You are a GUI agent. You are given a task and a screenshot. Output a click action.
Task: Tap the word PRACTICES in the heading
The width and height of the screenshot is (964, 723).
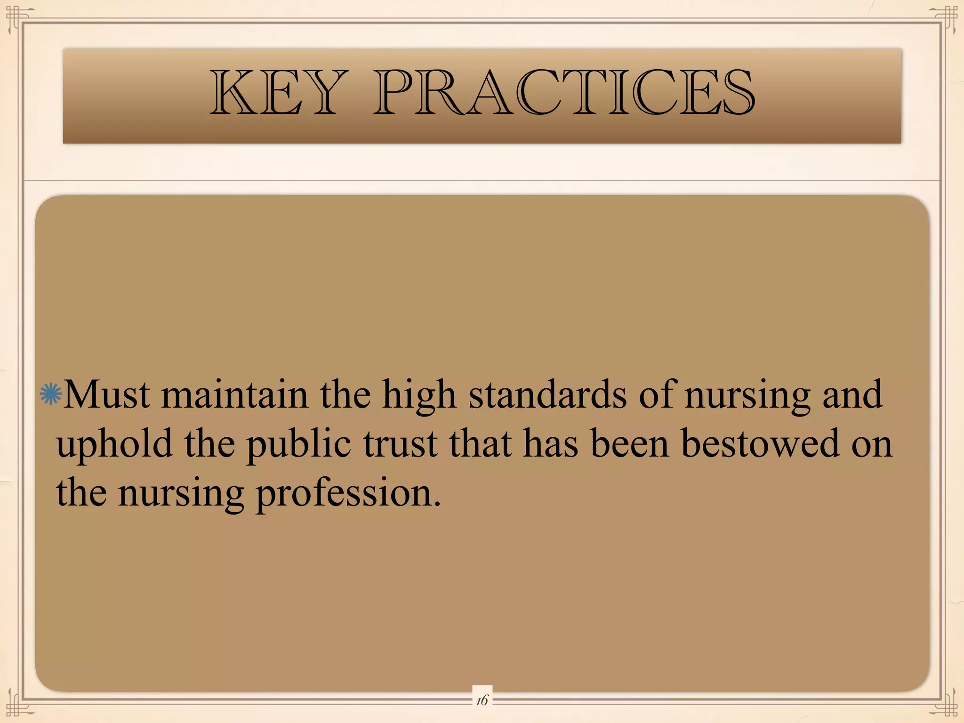coord(564,93)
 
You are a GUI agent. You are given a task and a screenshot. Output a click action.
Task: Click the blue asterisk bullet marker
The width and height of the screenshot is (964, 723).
coord(51,394)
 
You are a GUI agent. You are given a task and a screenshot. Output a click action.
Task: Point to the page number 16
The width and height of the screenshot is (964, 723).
coord(482,700)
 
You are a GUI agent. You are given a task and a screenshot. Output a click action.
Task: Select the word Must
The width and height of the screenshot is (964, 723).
coord(107,395)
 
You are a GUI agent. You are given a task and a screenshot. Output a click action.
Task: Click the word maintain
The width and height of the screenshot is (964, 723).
coord(235,395)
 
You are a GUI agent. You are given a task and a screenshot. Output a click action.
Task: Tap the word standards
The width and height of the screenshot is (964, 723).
coord(547,395)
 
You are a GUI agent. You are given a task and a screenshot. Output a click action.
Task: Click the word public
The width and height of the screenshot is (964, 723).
coord(298,445)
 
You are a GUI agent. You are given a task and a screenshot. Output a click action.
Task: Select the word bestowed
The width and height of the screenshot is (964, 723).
coord(760,444)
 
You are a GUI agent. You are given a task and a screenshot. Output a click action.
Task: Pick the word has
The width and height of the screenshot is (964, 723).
coord(550,444)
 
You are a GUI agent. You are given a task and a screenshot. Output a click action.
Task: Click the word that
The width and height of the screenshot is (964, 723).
coord(480,444)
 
